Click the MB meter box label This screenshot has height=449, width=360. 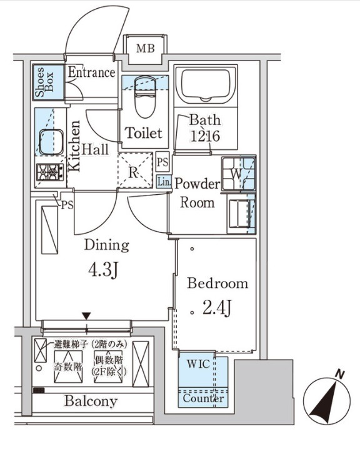[146, 48]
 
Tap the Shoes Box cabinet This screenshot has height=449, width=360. [48, 82]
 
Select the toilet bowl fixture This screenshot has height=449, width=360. [145, 97]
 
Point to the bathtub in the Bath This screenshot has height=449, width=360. [206, 84]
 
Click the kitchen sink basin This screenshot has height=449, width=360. [51, 142]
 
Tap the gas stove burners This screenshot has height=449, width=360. [50, 172]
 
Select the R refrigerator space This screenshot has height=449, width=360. [135, 170]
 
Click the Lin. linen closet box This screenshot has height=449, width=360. [164, 182]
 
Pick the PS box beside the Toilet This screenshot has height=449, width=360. [162, 162]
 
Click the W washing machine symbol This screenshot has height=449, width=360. [239, 173]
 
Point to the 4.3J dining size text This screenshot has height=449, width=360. [104, 270]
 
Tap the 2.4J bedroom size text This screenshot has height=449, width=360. [217, 307]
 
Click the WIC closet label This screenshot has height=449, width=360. [198, 364]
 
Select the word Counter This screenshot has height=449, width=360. [203, 398]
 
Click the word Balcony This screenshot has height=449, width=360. [91, 401]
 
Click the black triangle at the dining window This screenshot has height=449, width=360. [86, 316]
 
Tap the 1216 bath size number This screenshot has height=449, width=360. [205, 136]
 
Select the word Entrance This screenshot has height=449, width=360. [91, 72]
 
